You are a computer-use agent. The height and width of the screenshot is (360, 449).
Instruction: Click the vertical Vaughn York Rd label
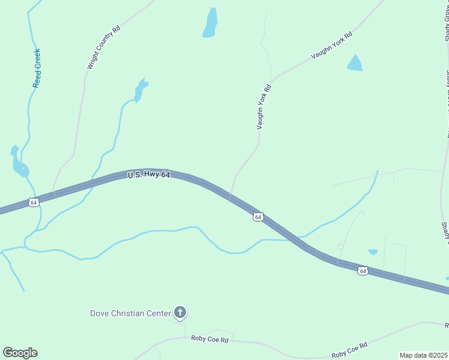[264, 107]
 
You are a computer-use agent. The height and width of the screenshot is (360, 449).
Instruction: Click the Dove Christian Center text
[130, 313]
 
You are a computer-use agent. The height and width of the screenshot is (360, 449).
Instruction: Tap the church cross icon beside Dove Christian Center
[179, 312]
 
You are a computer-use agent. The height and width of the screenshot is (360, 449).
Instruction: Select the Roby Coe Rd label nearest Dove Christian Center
[210, 340]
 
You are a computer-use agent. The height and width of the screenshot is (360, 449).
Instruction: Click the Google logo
[20, 353]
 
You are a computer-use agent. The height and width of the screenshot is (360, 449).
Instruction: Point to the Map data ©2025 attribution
[423, 355]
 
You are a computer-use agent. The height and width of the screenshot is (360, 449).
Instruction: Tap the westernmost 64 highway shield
[34, 203]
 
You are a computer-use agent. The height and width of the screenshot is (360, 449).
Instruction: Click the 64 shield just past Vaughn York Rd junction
[258, 217]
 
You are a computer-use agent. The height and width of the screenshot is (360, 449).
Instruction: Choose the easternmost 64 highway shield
[363, 271]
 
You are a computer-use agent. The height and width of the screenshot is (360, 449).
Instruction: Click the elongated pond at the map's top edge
[210, 23]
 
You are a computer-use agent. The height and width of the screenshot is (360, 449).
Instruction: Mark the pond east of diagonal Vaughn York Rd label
[355, 63]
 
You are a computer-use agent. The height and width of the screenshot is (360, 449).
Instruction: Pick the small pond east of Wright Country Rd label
[140, 90]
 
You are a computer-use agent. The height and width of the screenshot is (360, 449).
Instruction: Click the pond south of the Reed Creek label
[19, 163]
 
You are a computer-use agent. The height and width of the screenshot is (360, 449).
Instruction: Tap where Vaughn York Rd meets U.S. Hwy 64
[230, 196]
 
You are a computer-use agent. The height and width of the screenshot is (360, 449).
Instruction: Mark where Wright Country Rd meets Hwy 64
[54, 193]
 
